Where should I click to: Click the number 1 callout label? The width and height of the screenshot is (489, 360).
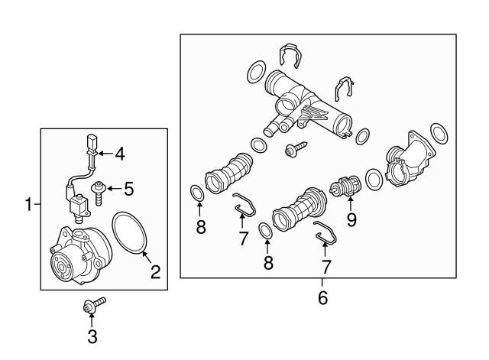pyautogui.click(x=28, y=204)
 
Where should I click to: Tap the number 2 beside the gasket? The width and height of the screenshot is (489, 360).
pyautogui.click(x=155, y=271)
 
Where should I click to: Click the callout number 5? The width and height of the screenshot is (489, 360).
pyautogui.click(x=128, y=187)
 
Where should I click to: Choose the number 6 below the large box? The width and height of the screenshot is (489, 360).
pyautogui.click(x=322, y=297)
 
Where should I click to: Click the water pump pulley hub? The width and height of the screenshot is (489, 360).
pyautogui.click(x=61, y=264)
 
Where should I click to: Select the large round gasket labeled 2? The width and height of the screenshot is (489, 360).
pyautogui.click(x=130, y=232)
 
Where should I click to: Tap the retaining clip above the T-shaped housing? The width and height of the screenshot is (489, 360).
pyautogui.click(x=291, y=55)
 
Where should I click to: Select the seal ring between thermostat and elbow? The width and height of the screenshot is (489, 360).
pyautogui.click(x=374, y=180)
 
